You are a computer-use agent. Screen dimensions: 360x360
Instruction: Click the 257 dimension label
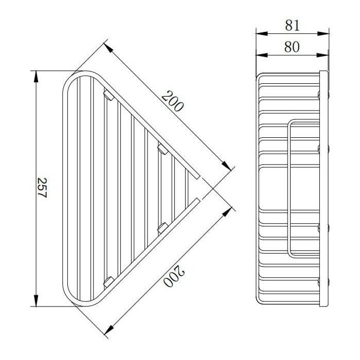[x=42, y=188]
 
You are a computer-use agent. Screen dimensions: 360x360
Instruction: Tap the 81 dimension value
[x=292, y=25]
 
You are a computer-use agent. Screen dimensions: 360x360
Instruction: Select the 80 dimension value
[x=292, y=47]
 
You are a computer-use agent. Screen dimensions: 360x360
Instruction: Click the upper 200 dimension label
[x=173, y=101]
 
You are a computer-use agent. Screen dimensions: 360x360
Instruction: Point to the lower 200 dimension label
[x=174, y=276]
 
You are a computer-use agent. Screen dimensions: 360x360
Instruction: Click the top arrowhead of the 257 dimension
[x=36, y=77]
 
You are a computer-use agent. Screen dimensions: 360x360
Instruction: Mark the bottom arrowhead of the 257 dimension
[x=36, y=300]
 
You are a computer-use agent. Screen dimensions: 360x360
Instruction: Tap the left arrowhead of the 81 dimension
[x=262, y=34]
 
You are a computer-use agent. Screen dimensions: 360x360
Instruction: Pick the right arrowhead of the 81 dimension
[x=323, y=34]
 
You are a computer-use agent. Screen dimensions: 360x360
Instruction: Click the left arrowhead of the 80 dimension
[x=262, y=55]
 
